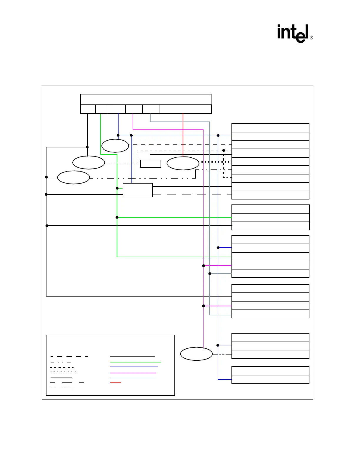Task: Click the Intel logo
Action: (x=293, y=33)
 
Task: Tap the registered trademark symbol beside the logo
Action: (x=311, y=38)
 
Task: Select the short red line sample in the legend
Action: (x=115, y=383)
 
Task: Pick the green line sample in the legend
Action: (x=135, y=362)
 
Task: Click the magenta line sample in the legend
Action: (x=133, y=373)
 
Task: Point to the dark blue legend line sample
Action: (x=134, y=367)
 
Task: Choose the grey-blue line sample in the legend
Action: (x=132, y=378)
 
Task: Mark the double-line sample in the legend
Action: (x=61, y=377)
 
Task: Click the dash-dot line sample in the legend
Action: (x=61, y=362)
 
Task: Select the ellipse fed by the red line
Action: (x=183, y=163)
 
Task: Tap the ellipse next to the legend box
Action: (x=196, y=354)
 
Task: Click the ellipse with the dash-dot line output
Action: (x=74, y=177)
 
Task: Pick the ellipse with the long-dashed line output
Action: (x=115, y=146)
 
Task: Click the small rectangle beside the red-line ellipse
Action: (x=151, y=164)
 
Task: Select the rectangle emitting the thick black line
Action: (x=137, y=190)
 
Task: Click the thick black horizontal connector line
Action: (x=191, y=187)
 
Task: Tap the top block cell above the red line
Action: (x=185, y=109)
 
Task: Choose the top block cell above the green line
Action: (x=102, y=109)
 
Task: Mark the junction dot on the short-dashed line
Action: (x=224, y=151)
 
